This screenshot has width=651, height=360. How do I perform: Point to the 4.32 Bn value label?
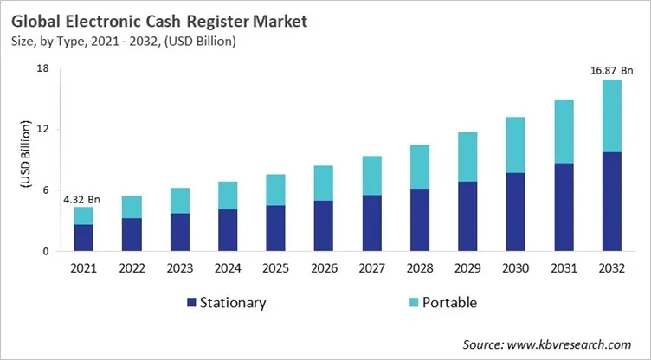(82, 200)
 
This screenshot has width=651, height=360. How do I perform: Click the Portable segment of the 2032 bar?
(612, 116)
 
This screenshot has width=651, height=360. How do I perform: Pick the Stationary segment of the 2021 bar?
(83, 238)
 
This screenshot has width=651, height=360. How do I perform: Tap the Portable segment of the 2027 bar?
(371, 176)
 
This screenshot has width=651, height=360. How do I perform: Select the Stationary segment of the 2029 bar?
(467, 216)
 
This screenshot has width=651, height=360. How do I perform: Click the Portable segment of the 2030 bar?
(516, 145)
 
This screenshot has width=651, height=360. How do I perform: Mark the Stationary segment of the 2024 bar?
(228, 230)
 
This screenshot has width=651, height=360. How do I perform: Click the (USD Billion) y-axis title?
(19, 160)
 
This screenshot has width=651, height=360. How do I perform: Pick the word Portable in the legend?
(448, 303)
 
